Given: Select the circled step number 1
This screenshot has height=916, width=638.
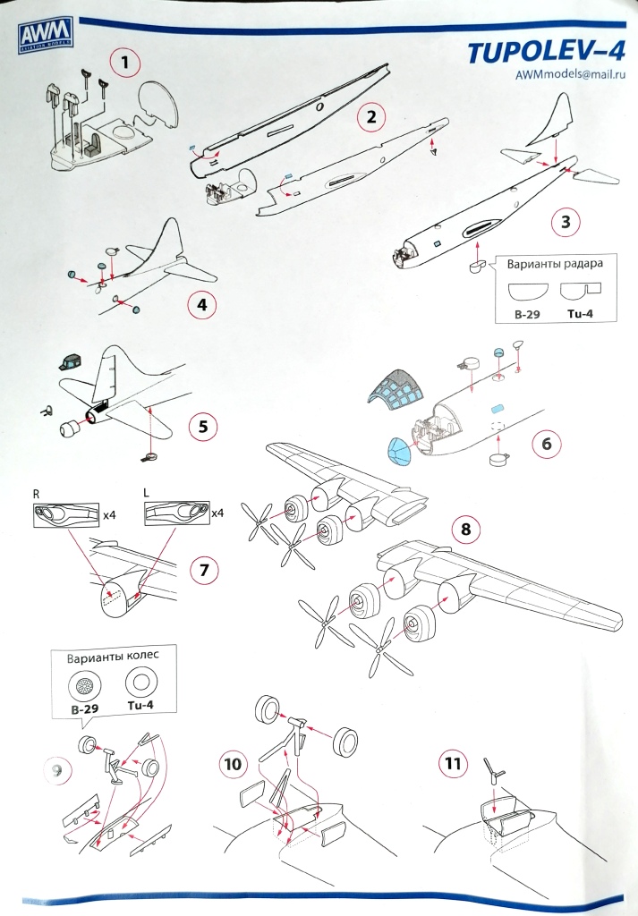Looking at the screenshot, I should (125, 63).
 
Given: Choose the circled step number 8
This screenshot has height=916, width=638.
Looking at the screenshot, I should (465, 527).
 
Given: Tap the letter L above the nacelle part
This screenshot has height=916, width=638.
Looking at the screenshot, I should (147, 493).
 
